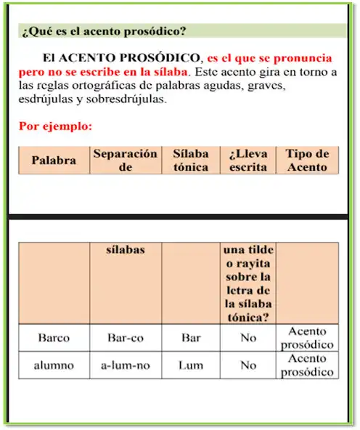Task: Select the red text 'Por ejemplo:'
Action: click(55, 126)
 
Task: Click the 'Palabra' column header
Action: click(54, 161)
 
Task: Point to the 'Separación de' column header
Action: click(125, 161)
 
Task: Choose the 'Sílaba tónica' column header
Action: click(191, 161)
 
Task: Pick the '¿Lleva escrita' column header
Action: click(248, 161)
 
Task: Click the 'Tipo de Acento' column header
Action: click(307, 161)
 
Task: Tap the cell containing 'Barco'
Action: click(54, 338)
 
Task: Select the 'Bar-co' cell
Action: click(125, 338)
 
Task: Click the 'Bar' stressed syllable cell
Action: click(191, 338)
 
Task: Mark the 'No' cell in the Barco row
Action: click(248, 338)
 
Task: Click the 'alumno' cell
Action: click(54, 365)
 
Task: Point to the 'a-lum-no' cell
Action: click(125, 365)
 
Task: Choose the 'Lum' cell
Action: click(191, 365)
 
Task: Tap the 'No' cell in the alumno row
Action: click(248, 365)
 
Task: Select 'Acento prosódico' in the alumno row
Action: click(307, 365)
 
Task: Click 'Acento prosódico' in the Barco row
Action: click(307, 338)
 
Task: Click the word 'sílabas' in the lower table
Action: click(125, 250)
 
